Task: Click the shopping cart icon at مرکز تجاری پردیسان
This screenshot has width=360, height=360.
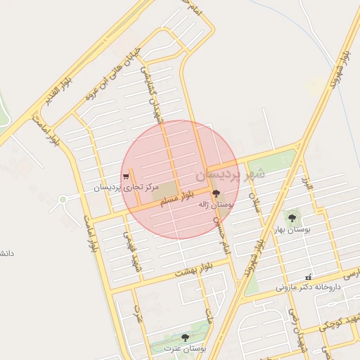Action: (125, 176)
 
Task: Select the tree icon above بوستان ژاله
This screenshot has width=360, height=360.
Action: (215, 193)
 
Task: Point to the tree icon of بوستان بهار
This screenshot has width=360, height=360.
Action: (291, 218)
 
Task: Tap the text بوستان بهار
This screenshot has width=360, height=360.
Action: (292, 229)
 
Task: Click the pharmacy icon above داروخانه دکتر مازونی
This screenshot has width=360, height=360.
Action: (307, 277)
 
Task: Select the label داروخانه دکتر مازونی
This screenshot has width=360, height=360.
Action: (307, 287)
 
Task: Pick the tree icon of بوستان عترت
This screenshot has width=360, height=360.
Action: (185, 338)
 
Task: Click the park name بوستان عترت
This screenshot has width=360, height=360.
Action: (184, 348)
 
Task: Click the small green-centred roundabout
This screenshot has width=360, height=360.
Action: (63, 200)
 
